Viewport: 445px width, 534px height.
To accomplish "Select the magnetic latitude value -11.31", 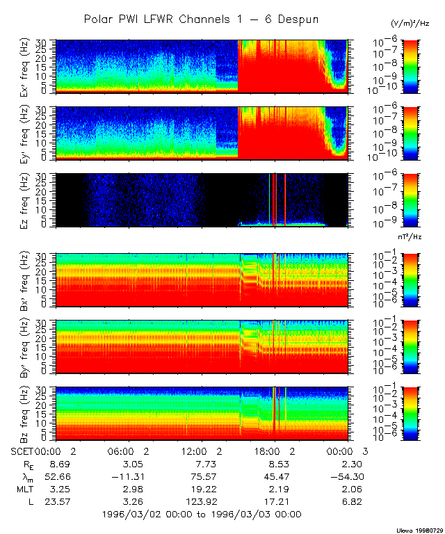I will [x=126, y=476].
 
